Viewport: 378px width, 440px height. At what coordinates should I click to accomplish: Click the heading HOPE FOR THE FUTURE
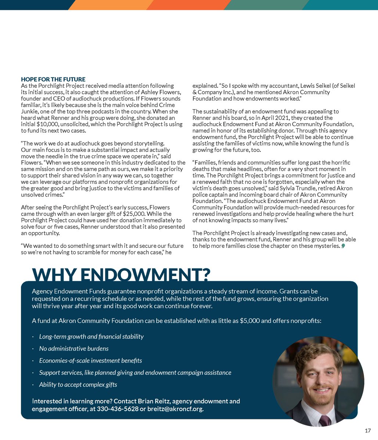(53, 79)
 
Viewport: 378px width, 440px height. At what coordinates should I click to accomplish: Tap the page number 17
(368, 430)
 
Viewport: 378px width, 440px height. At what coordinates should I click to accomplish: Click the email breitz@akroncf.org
(174, 408)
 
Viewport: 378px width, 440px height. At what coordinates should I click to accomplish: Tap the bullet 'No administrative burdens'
(73, 348)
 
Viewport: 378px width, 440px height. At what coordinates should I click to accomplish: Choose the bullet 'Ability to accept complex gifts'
(78, 385)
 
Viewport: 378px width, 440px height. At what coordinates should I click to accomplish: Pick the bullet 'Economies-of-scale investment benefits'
(90, 360)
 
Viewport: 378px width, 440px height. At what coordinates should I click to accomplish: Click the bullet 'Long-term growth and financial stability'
(91, 336)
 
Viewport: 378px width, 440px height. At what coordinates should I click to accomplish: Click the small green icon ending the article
(343, 246)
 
